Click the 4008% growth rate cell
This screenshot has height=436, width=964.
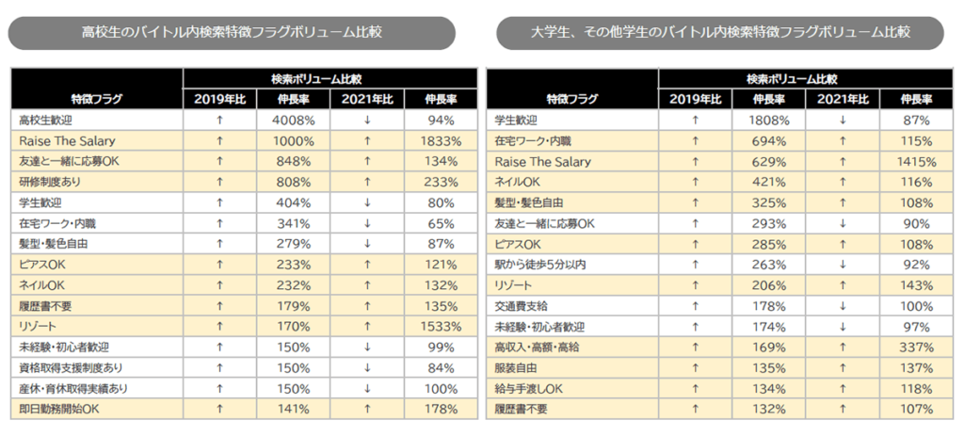point(294,120)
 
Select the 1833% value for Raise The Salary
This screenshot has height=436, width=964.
point(441,140)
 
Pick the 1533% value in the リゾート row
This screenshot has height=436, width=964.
point(441,327)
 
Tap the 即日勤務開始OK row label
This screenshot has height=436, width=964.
point(58,410)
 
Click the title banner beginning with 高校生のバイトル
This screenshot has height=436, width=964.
point(232,33)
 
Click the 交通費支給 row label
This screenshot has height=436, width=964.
point(521,306)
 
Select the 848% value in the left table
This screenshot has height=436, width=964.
point(294,161)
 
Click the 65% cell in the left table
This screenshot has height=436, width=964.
point(441,223)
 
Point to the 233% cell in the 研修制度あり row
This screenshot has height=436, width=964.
point(441,182)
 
